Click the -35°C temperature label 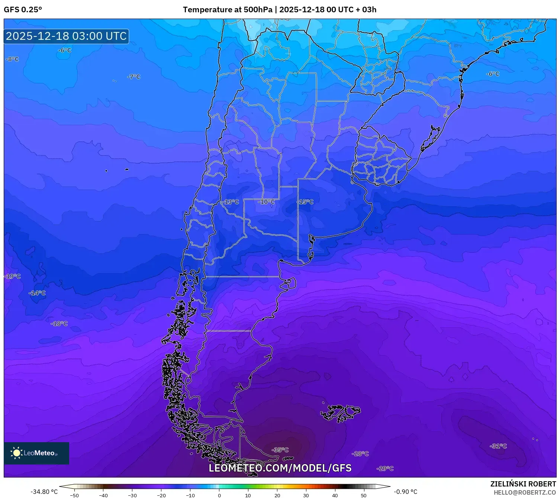pos(280,450)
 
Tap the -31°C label pos(498,446)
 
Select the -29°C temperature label pos(385,469)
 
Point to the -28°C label pos(360,454)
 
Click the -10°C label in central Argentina pos(266,202)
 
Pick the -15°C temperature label pos(305,202)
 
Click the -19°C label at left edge pos(12,276)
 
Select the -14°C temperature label pos(37,293)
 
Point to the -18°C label pos(59,323)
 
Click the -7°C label pos(133,77)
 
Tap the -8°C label pos(12,59)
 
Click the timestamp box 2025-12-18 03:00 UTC pos(66,36)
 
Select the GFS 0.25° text pos(23,10)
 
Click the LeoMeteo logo pos(36,453)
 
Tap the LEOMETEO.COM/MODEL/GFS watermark pos(280,468)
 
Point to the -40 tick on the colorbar pos(103,495)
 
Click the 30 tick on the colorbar pos(306,495)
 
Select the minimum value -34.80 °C pos(44,492)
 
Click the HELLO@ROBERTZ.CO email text pos(524,492)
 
